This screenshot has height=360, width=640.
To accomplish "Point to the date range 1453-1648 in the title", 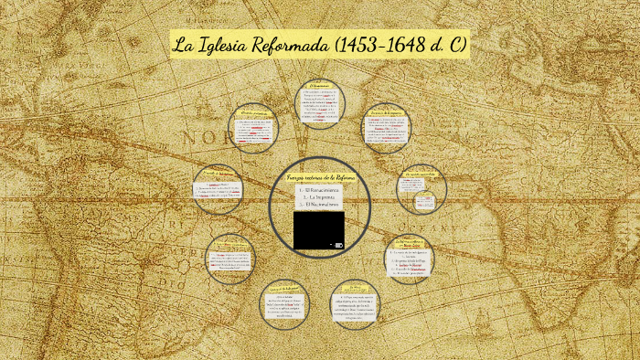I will [x=395, y=45].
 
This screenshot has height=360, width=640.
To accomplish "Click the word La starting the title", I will [x=187, y=45].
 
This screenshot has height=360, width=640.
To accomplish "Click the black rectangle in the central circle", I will [x=318, y=230].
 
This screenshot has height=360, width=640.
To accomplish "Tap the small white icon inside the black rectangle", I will [x=338, y=245].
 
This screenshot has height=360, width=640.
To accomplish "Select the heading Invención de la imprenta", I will [x=385, y=115].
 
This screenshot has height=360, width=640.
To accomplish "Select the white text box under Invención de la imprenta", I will [x=385, y=133].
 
